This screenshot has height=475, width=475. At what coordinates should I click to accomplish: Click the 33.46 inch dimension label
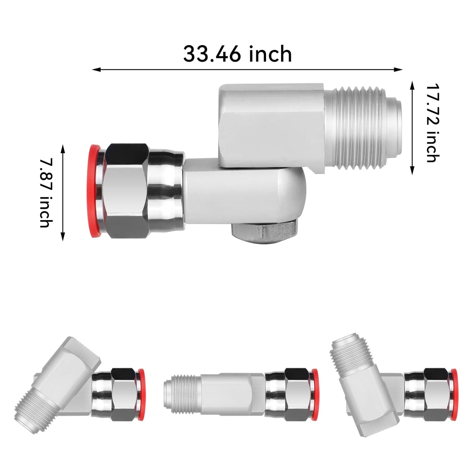(237, 54)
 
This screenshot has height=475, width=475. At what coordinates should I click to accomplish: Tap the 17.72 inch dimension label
(433, 123)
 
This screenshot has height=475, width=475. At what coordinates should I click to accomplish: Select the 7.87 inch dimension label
(46, 193)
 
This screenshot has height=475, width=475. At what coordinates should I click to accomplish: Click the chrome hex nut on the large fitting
(127, 191)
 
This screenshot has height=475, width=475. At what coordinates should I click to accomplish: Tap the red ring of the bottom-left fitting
(141, 394)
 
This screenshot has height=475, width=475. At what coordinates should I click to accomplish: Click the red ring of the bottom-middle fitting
(315, 394)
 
